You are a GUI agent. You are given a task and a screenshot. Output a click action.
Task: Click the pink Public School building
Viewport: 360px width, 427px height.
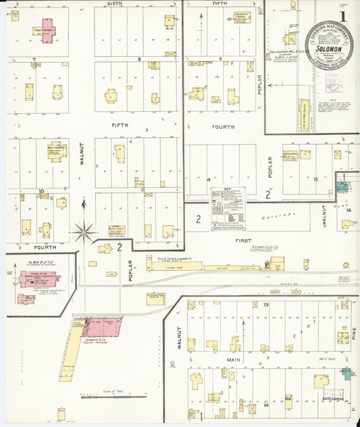pyautogui.click(x=47, y=30)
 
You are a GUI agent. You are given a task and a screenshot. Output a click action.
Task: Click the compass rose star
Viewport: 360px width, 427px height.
pyautogui.click(x=84, y=232)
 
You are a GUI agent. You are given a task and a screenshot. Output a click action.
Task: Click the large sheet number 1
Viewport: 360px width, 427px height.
pyautogui.click(x=343, y=16)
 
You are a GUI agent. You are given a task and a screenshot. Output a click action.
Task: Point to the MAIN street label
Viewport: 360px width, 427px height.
pyautogui.click(x=233, y=360)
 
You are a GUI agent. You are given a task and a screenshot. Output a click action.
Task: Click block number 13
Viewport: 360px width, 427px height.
pyautogui.click(x=266, y=305)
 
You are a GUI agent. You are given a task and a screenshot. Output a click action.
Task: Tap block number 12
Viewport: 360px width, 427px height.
pyautogui.click(x=315, y=179)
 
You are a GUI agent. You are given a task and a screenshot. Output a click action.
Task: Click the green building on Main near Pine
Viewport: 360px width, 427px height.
pyautogui.click(x=346, y=373)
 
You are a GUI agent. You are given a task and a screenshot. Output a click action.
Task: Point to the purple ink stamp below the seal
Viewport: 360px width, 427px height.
pyautogui.click(x=334, y=84)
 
